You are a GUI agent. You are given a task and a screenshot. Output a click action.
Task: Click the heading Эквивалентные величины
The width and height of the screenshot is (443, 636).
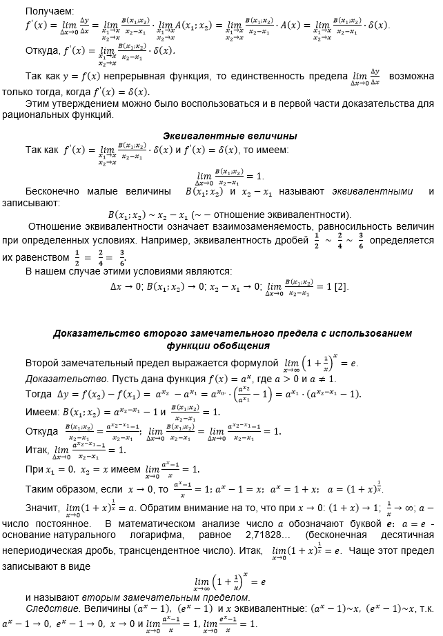(230, 135)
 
